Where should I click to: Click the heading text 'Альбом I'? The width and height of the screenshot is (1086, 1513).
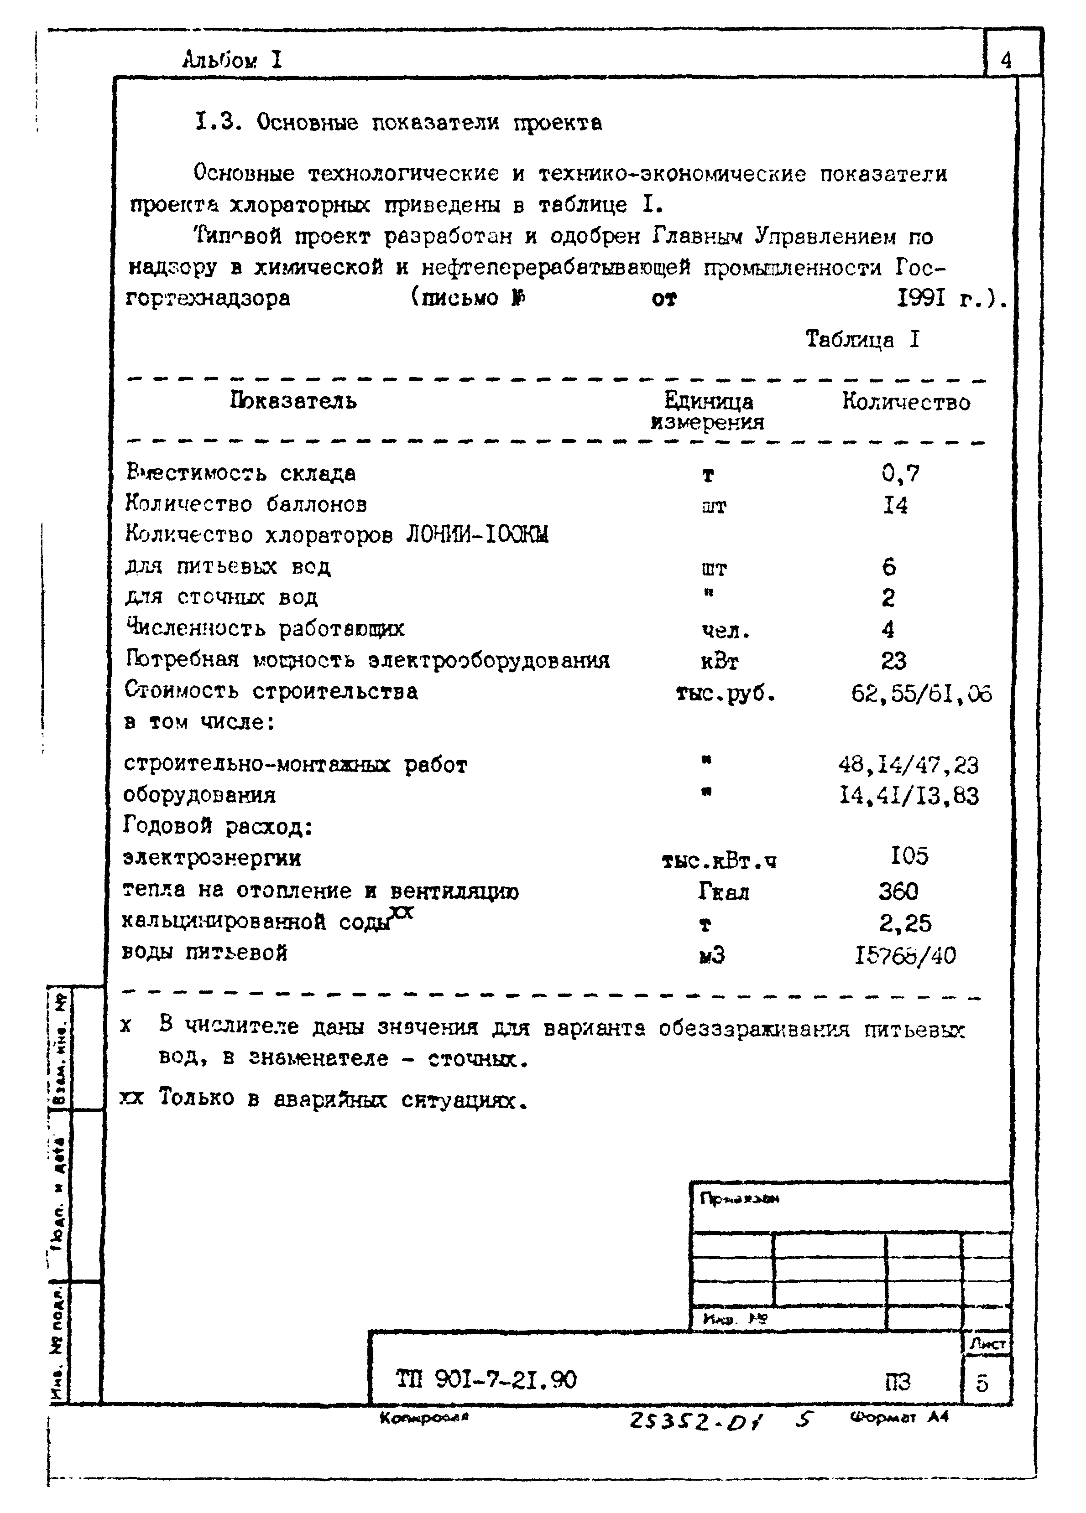tap(232, 61)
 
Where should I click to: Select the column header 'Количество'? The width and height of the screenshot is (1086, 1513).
tap(905, 402)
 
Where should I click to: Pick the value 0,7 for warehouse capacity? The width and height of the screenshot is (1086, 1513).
tap(900, 474)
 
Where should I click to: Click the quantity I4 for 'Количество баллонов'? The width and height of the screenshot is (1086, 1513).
tap(895, 506)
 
